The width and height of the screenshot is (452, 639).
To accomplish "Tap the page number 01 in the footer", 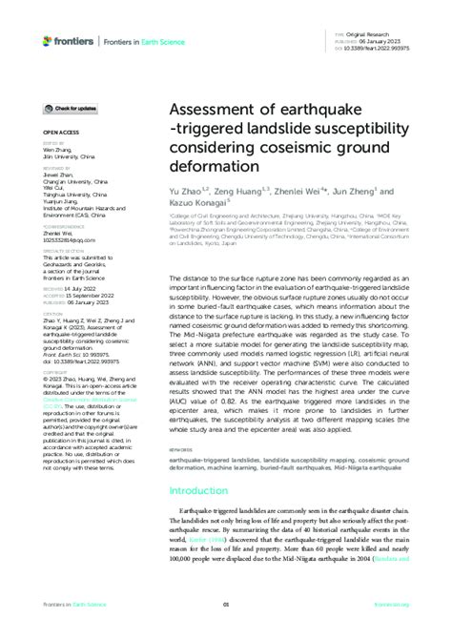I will tap(226, 603).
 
